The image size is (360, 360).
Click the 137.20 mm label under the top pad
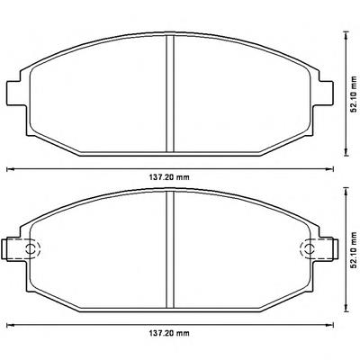click(169, 177)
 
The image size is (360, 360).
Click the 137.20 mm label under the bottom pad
click(169, 333)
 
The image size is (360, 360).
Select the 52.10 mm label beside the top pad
click(355, 94)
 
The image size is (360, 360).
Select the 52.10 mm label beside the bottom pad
click(355, 250)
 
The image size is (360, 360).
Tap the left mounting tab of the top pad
click(14, 93)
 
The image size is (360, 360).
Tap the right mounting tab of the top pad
click(326, 93)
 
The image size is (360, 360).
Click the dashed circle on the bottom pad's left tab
click(32, 248)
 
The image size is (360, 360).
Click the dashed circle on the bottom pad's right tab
click(308, 248)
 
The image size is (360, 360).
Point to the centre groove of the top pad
click(170, 94)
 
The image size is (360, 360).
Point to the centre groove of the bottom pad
click(170, 249)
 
